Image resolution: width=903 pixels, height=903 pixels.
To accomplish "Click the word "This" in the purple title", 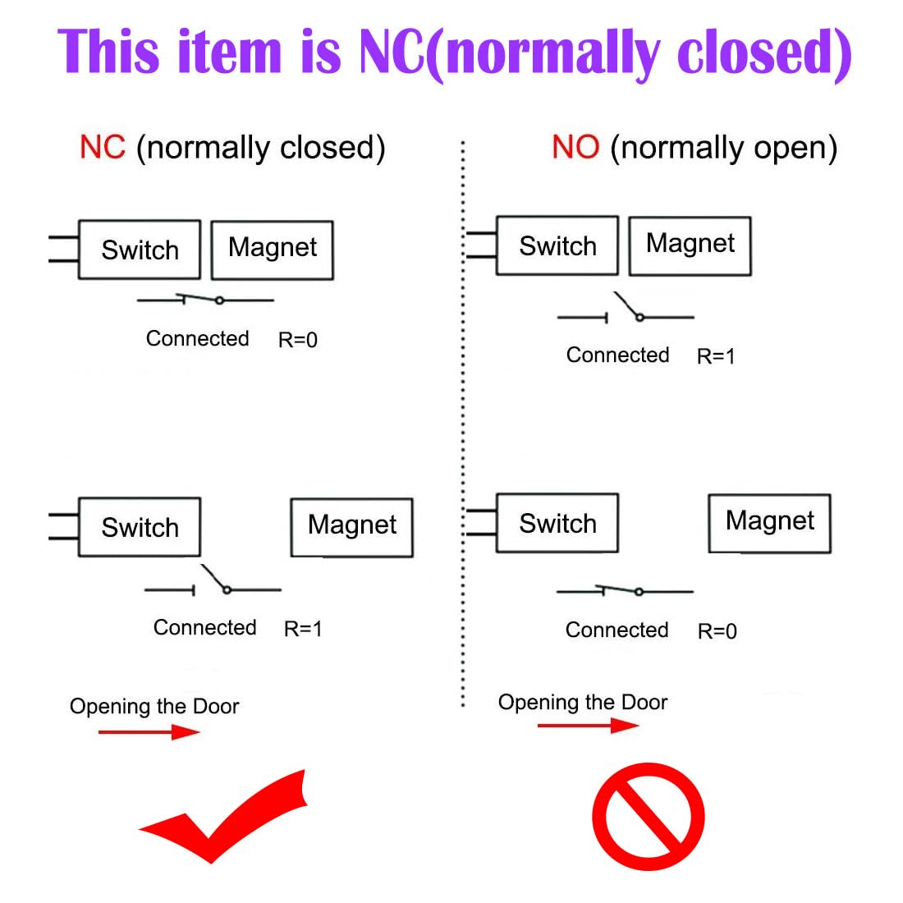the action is (108, 53).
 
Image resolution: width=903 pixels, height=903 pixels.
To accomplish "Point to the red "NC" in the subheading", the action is (103, 148).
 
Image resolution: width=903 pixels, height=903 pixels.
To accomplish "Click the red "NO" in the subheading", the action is (575, 148).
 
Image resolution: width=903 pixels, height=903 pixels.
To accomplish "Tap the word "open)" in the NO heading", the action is (795, 149).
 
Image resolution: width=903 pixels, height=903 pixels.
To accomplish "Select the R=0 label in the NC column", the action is (298, 340).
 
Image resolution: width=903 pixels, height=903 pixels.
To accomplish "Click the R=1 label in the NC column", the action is (303, 629).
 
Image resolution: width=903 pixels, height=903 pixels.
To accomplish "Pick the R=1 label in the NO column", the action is (716, 356).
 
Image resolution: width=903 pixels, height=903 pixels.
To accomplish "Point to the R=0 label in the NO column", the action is (717, 631).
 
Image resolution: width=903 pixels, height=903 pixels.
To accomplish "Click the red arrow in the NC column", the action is (149, 731).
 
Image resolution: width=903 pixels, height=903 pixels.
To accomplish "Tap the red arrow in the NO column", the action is (588, 726).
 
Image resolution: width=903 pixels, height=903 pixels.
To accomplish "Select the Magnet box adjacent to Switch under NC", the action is (273, 250).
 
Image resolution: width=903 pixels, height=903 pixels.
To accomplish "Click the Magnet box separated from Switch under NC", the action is (352, 527).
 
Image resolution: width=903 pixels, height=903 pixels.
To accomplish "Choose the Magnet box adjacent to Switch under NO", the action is (690, 245).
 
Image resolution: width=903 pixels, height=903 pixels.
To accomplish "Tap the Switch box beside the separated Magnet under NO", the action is (557, 523).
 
